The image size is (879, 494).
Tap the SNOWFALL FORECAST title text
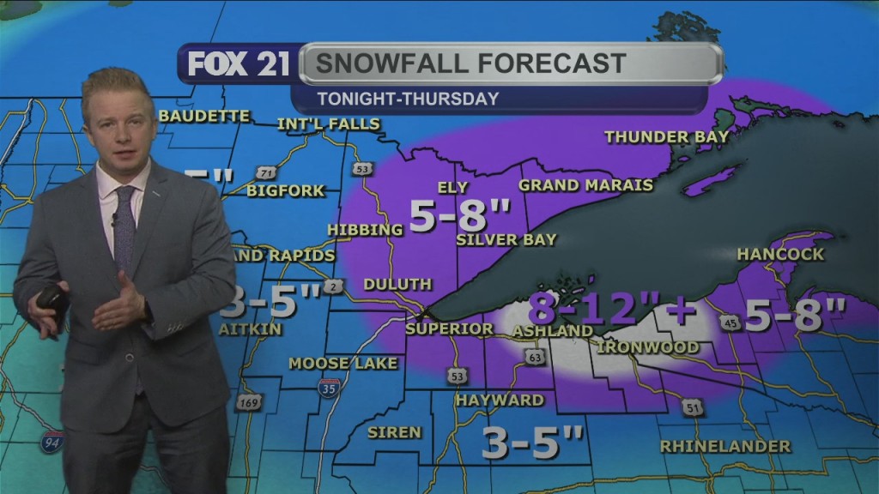(470, 63)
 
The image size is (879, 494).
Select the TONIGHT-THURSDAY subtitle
(408, 99)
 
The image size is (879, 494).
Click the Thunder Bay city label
(666, 136)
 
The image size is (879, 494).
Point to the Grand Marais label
(585, 185)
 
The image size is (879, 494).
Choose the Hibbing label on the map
(365, 230)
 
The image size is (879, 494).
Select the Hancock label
(780, 254)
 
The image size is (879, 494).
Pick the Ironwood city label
(648, 347)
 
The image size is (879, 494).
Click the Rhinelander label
(725, 447)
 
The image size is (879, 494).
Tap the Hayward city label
(500, 401)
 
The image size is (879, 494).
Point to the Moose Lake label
(343, 364)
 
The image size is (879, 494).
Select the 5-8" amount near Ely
(459, 216)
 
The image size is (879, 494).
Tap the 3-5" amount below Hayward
(531, 443)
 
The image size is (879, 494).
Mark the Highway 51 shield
(694, 408)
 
